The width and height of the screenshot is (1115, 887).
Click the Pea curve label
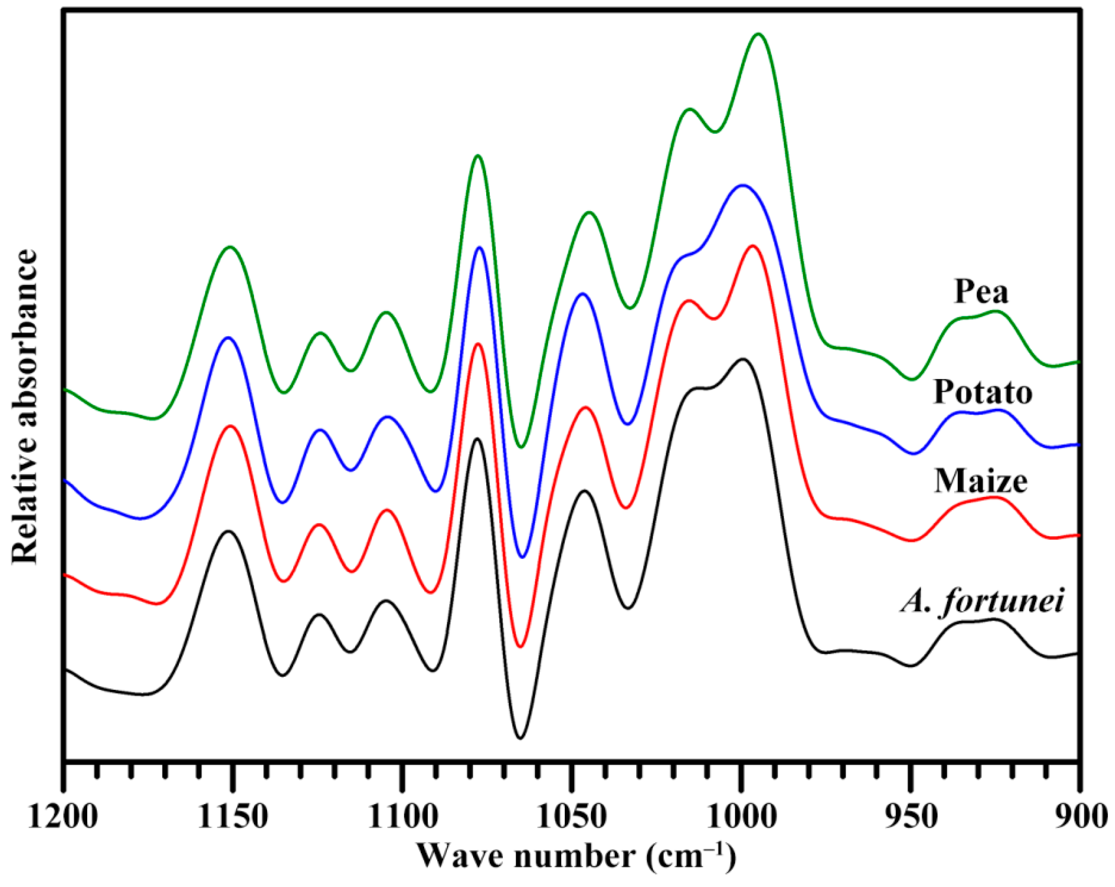tap(981, 292)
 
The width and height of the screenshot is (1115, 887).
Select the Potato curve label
tap(983, 393)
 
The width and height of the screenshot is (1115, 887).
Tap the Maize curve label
tap(981, 482)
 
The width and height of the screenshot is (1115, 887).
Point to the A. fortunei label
tap(981, 602)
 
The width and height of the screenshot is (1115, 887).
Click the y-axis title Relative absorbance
tap(25, 406)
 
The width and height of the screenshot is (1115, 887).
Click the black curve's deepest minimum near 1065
tap(520, 739)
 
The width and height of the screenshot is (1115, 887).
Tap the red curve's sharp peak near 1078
tap(478, 344)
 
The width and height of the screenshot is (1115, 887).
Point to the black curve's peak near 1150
tap(228, 531)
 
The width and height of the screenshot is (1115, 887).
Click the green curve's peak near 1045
tap(589, 212)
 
